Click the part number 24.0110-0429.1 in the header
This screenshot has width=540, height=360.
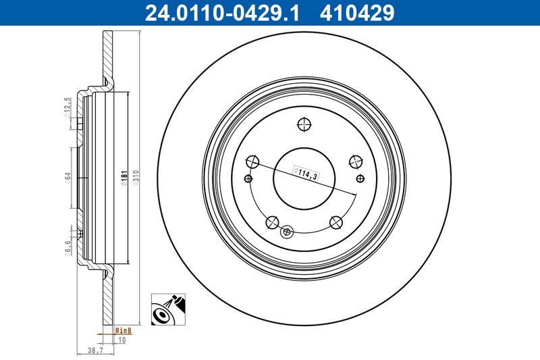(x=222, y=13)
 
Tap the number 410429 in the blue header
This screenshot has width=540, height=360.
(x=357, y=13)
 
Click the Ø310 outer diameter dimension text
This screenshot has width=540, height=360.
(x=136, y=178)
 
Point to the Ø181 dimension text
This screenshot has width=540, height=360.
(x=124, y=178)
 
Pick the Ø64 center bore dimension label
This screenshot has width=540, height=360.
(x=68, y=178)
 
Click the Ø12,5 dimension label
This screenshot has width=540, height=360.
(x=67, y=107)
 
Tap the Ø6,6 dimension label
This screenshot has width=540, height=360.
(x=68, y=248)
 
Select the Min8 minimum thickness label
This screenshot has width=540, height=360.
(x=124, y=331)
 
